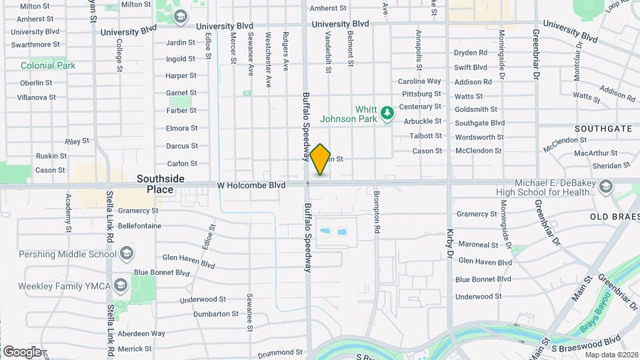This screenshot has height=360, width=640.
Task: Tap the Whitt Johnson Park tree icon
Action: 386,114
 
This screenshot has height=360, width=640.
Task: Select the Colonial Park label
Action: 48,65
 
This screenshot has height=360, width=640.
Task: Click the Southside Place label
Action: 155,184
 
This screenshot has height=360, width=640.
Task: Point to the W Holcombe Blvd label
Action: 251,185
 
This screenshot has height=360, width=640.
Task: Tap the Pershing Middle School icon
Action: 126,253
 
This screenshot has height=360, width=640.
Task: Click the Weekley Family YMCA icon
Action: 120,285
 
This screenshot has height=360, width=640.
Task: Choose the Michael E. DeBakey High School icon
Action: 605,184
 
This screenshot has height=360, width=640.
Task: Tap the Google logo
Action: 22,351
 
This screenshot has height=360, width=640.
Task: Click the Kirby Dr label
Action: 450,243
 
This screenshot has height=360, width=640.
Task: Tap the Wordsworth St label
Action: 479,137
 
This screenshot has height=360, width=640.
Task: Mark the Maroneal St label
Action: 478,245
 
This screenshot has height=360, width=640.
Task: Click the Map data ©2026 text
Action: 612,355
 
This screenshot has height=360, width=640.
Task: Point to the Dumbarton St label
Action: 215,313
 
